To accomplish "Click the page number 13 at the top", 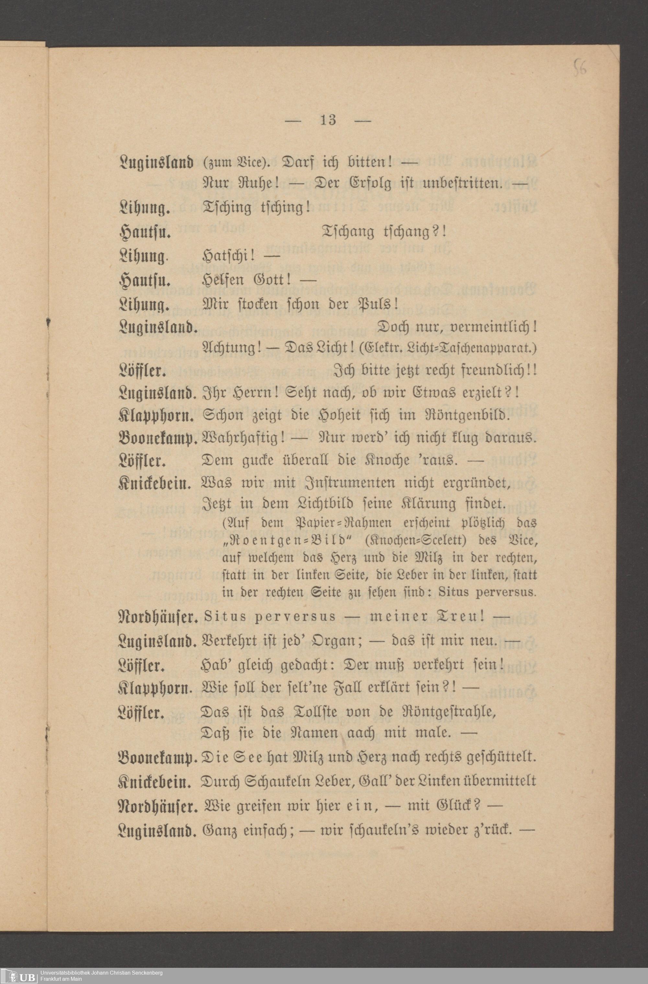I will [328, 121].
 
